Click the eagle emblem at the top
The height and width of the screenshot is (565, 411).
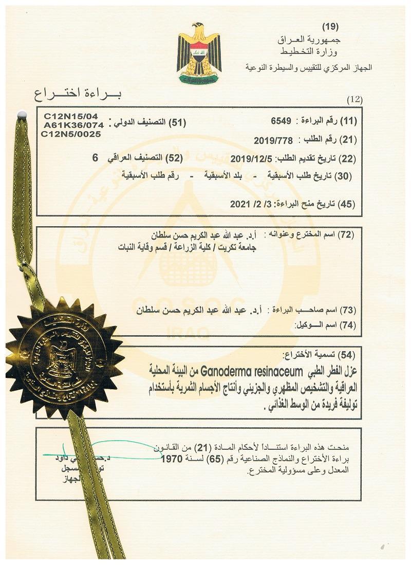pos(199,53)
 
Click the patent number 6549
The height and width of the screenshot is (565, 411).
pos(281,121)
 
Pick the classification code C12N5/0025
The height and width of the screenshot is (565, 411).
pos(72,134)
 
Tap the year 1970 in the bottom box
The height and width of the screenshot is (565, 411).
pos(172,459)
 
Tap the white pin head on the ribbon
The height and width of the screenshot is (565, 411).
pos(22,115)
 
